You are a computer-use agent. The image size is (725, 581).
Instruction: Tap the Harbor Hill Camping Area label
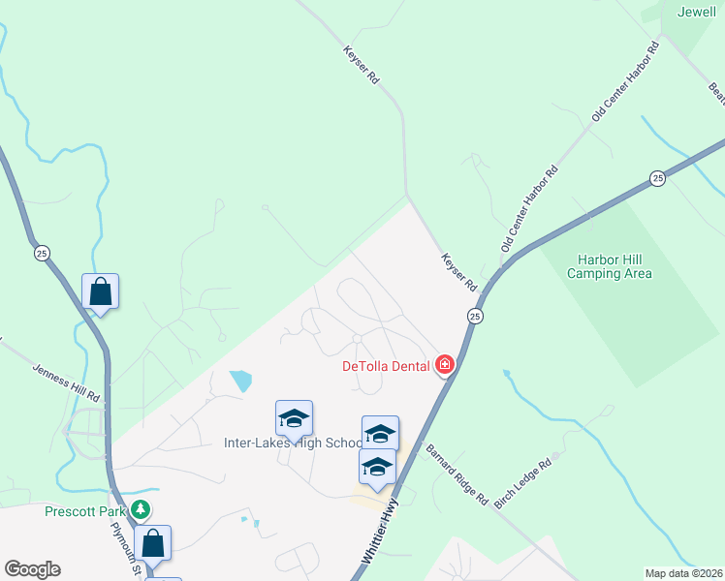615,266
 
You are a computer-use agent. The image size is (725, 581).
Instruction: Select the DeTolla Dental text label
388,365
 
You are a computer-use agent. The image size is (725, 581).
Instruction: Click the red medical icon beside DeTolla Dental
445,364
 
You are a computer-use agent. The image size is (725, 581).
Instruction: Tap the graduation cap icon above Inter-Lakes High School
295,418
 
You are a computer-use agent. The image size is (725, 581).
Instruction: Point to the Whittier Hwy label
381,532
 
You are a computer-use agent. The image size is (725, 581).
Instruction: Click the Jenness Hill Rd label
67,382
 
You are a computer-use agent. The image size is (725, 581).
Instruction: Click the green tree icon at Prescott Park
142,508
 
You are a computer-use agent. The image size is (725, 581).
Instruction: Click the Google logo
32,569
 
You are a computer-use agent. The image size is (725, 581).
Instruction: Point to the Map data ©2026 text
683,573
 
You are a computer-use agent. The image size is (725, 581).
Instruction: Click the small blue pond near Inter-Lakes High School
238,381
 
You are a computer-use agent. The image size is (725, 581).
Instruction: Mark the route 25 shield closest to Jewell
658,178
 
